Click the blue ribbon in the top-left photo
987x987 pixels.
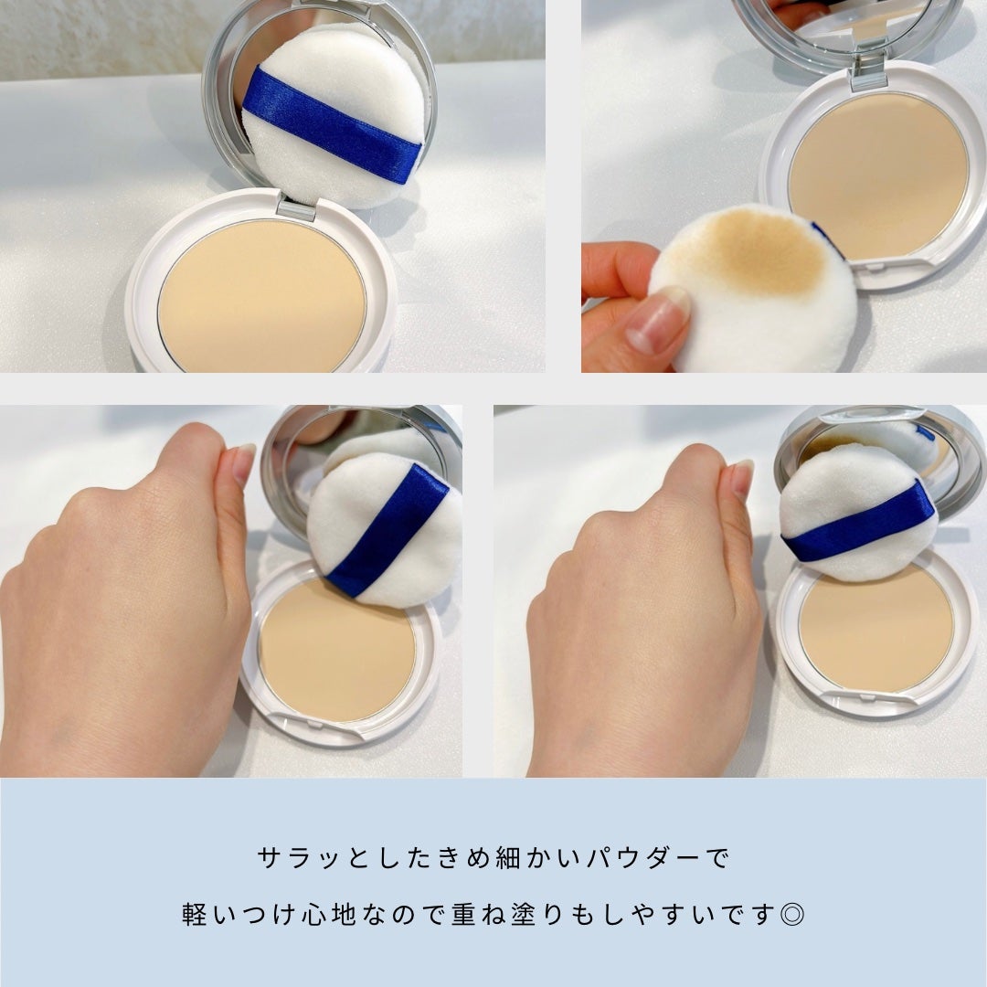pos(330,124)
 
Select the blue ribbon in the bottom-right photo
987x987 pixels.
pos(859,521)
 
